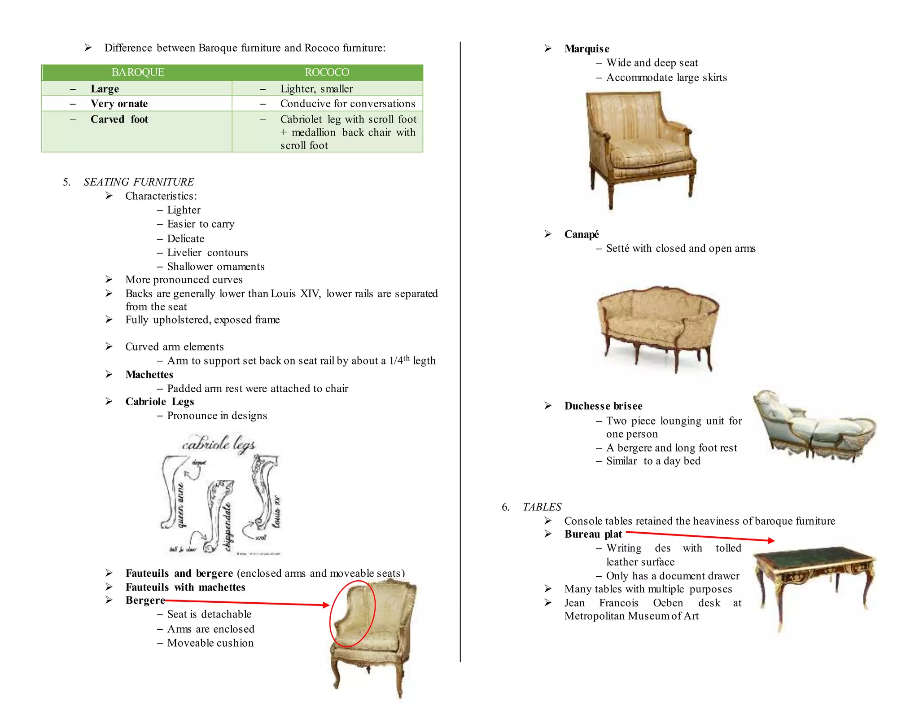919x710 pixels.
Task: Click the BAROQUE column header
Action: click(x=138, y=72)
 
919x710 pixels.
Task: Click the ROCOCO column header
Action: click(x=327, y=72)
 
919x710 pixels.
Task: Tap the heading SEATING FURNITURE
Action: click(x=138, y=182)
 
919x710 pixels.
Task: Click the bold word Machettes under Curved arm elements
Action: click(x=149, y=374)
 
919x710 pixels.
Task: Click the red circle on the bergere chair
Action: click(x=352, y=613)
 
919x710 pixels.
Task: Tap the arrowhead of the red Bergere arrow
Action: click(x=327, y=605)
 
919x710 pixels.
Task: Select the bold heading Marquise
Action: click(x=586, y=48)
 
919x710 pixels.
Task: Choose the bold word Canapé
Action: click(x=581, y=234)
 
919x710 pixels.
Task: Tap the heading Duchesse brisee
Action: click(x=603, y=406)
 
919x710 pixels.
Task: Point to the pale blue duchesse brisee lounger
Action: click(x=813, y=426)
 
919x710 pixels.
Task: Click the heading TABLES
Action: click(x=542, y=507)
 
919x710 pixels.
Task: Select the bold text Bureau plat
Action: click(x=593, y=534)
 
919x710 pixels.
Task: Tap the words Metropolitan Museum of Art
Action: click(x=631, y=616)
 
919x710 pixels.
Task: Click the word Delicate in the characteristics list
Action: click(x=185, y=239)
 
